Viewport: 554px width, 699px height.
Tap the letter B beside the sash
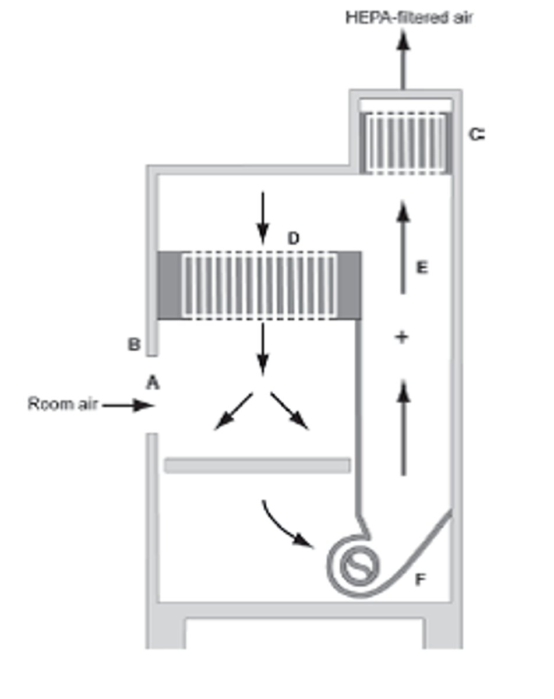(134, 345)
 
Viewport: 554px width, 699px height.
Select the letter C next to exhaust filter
(477, 135)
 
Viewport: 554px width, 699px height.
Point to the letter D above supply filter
(294, 238)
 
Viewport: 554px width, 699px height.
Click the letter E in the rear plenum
(423, 267)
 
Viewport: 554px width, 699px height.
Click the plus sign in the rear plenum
(401, 337)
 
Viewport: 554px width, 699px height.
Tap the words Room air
(62, 404)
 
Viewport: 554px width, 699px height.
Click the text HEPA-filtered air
(409, 17)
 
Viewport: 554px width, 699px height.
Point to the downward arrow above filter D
(262, 217)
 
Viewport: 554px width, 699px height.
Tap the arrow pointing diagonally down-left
(234, 412)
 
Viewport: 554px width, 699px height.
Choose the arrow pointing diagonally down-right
(290, 412)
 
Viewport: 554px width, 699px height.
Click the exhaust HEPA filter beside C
(405, 143)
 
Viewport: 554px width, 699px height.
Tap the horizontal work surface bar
(257, 465)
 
